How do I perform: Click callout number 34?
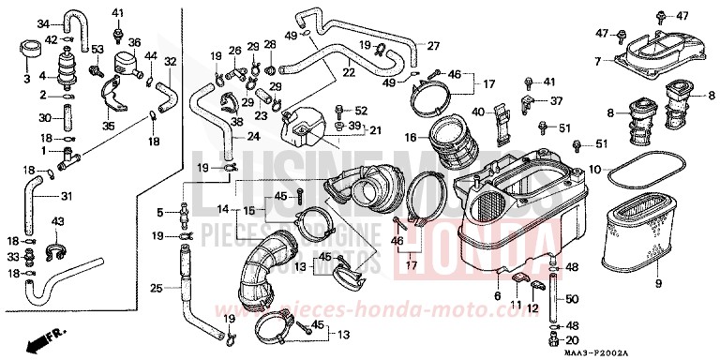(41, 22)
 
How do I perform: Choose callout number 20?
(574, 339)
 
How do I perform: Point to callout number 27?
(433, 45)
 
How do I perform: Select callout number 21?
(350, 129)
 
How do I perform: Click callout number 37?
(556, 101)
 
